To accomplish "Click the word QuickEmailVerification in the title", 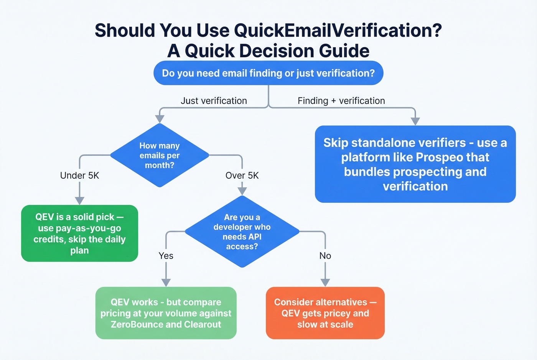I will pos(334,31).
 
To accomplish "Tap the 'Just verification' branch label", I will pos(214,101).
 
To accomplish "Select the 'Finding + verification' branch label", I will pos(341,101).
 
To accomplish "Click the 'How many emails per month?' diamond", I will pos(160,155).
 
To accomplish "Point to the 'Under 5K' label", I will pos(79,176).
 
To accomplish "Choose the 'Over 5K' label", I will pos(242,176).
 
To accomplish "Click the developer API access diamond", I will pos(242,232).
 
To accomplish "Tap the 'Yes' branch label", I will pos(166,256).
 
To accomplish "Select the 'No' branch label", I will pos(325,256).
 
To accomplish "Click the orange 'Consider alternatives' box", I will pos(325,313).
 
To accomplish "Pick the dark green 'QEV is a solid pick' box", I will pos(79,233).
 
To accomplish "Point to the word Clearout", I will pos(203,325).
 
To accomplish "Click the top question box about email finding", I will pos(268,73).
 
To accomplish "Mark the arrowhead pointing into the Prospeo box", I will pos(415,122).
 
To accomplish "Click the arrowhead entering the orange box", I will pos(325,283).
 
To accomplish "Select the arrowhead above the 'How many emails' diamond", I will pos(160,119).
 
